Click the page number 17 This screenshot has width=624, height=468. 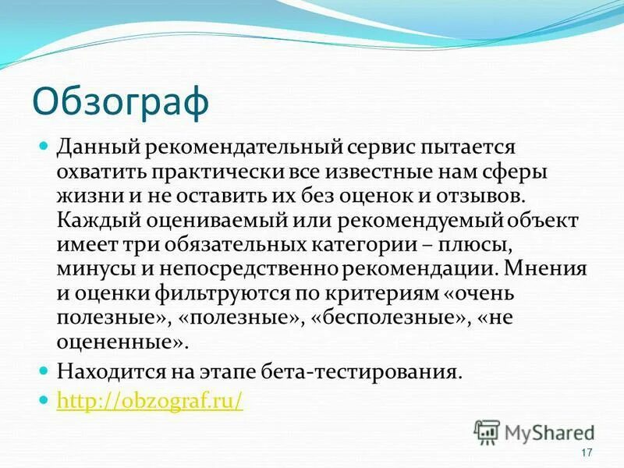pyautogui.click(x=587, y=454)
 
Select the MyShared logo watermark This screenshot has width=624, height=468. pyautogui.click(x=535, y=432)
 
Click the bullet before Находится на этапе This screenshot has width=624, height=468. pyautogui.click(x=44, y=370)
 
